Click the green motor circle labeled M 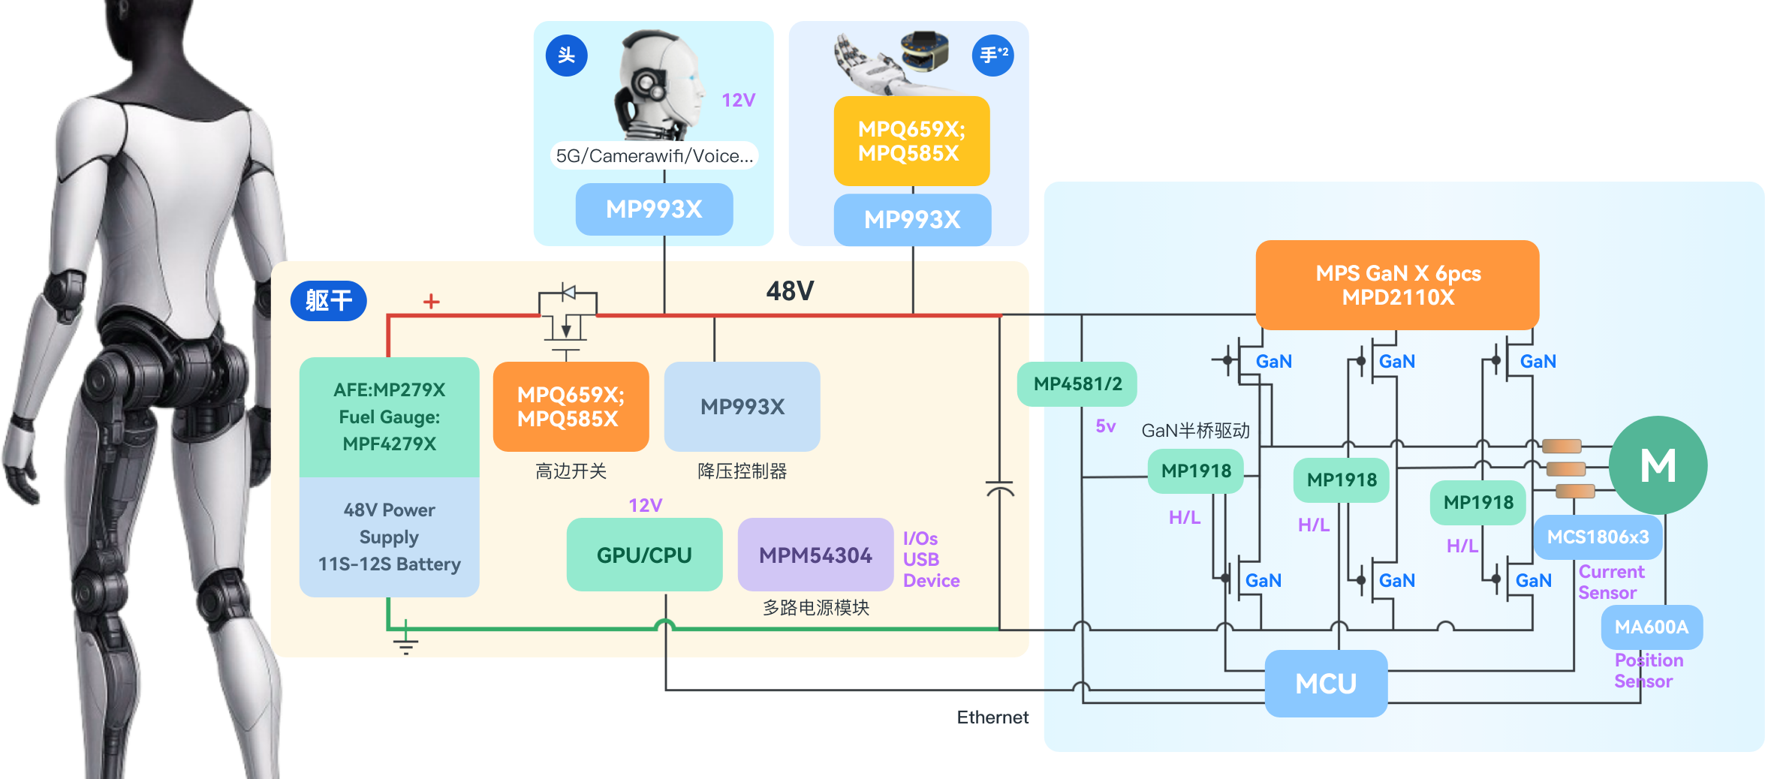1658,465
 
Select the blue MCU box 1326,684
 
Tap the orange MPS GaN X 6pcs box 1397,285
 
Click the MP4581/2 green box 1077,384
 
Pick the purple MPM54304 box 815,555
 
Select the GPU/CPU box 644,555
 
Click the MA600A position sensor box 1651,627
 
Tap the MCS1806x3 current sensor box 1598,537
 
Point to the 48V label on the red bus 790,291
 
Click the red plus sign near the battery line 431,302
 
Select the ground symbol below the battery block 405,642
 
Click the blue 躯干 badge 328,301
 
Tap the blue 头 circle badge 566,56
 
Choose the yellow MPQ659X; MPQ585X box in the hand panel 911,141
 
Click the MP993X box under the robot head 654,209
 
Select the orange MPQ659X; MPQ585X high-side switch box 571,407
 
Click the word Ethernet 992,717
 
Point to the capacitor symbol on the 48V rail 999,489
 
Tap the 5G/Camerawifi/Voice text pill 654,156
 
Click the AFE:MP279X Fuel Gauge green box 389,417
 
